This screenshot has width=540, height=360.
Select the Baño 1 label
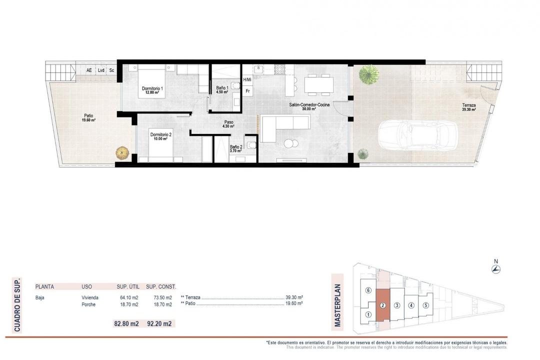click(x=222, y=90)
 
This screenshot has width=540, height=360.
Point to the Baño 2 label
click(x=235, y=148)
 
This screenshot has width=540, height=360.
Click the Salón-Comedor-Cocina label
click(x=309, y=106)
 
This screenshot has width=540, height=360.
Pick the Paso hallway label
click(x=228, y=124)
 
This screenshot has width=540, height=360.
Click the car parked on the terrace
click(x=410, y=135)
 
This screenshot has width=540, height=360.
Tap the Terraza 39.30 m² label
click(x=468, y=107)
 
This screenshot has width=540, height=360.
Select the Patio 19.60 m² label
click(x=89, y=118)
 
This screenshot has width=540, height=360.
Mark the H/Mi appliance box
click(x=247, y=80)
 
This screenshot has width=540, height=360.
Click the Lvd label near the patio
click(x=101, y=70)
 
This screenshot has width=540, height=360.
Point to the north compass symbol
click(x=495, y=269)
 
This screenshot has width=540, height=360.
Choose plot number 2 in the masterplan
click(x=382, y=305)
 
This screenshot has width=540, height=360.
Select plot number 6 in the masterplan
click(x=368, y=290)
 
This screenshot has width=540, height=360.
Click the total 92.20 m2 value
click(x=160, y=324)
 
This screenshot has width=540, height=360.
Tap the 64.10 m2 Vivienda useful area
click(x=127, y=297)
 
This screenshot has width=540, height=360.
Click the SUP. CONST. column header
click(x=161, y=286)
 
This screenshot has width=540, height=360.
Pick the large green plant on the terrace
click(x=368, y=74)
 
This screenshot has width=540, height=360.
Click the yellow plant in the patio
click(x=122, y=152)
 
